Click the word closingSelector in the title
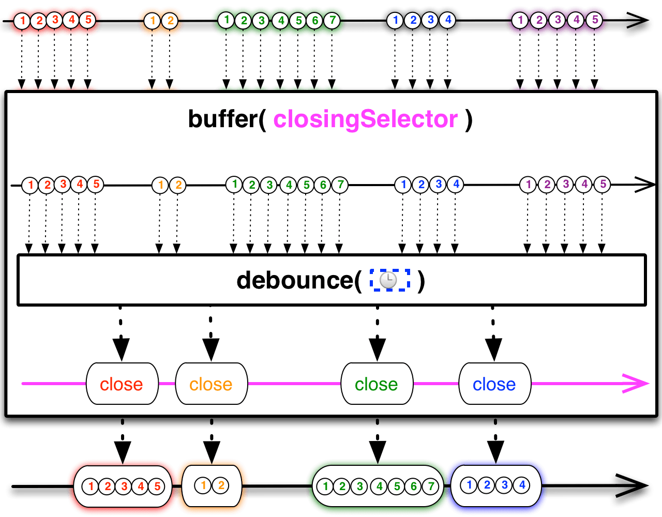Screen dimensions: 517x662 click(x=365, y=119)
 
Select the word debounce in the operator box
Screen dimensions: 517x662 click(x=295, y=280)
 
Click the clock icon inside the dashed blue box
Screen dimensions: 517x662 click(x=388, y=280)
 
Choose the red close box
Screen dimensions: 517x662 click(x=122, y=384)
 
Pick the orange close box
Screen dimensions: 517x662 click(x=211, y=384)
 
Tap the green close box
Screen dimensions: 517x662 click(x=377, y=384)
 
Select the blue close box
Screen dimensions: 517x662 click(x=494, y=384)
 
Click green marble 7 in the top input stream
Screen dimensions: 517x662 click(x=332, y=21)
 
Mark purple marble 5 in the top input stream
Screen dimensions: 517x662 click(x=595, y=20)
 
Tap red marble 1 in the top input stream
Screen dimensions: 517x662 click(x=22, y=21)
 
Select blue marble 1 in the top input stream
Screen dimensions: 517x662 click(x=396, y=20)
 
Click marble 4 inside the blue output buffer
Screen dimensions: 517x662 click(x=522, y=485)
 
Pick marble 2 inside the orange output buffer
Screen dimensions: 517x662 click(x=221, y=485)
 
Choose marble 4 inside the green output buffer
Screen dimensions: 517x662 click(x=379, y=486)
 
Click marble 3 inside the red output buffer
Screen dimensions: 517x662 click(x=124, y=486)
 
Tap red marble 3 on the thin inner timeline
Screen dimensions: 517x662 click(x=63, y=184)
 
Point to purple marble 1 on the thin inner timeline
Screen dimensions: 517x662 click(x=528, y=185)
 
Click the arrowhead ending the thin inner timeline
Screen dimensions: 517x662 click(x=646, y=185)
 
